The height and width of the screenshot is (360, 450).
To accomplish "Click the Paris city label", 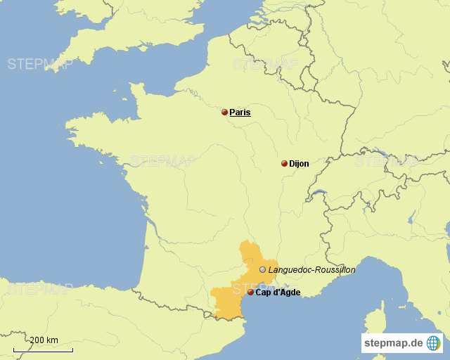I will (x=240, y=112).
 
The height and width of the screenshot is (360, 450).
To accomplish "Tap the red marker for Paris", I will (x=224, y=112).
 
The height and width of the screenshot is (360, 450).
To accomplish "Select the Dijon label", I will (x=299, y=164).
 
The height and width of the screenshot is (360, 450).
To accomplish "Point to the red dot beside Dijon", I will (x=284, y=164).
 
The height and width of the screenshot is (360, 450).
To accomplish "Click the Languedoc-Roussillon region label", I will (x=311, y=269).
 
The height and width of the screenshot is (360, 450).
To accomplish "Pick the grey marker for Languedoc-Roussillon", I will (x=262, y=269).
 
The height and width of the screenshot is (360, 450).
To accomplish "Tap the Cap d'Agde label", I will (x=278, y=292).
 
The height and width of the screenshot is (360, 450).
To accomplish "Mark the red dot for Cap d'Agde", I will (x=250, y=292).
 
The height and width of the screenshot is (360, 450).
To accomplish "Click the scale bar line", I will (x=43, y=349).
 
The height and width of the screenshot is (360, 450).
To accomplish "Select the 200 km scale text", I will (x=44, y=340).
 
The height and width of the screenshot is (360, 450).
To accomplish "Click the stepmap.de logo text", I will (x=393, y=343).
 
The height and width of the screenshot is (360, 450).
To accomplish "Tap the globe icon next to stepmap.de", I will (x=433, y=343).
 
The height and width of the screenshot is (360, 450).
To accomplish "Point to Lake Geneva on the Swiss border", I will (x=319, y=193).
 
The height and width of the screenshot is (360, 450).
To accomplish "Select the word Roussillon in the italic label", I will (x=334, y=269).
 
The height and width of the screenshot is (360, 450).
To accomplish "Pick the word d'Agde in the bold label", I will (x=286, y=292).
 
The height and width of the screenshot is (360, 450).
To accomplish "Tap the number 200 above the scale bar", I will (x=37, y=340).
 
